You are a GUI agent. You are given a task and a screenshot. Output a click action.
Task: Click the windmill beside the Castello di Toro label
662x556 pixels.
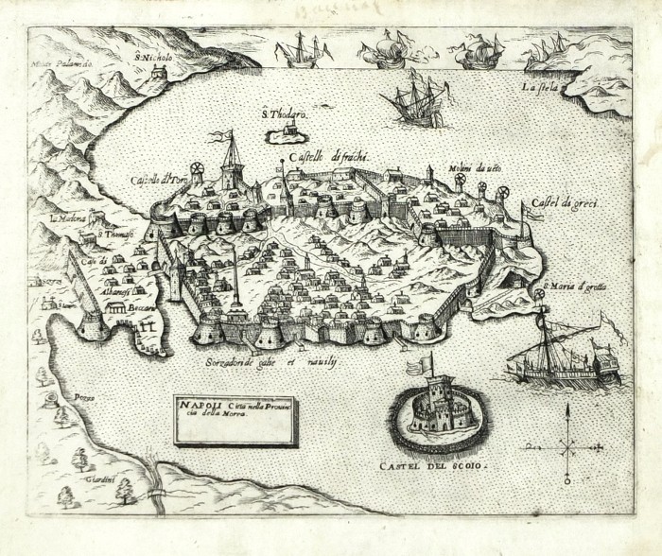197,171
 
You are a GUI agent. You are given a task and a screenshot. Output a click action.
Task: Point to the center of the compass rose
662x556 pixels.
567,443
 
